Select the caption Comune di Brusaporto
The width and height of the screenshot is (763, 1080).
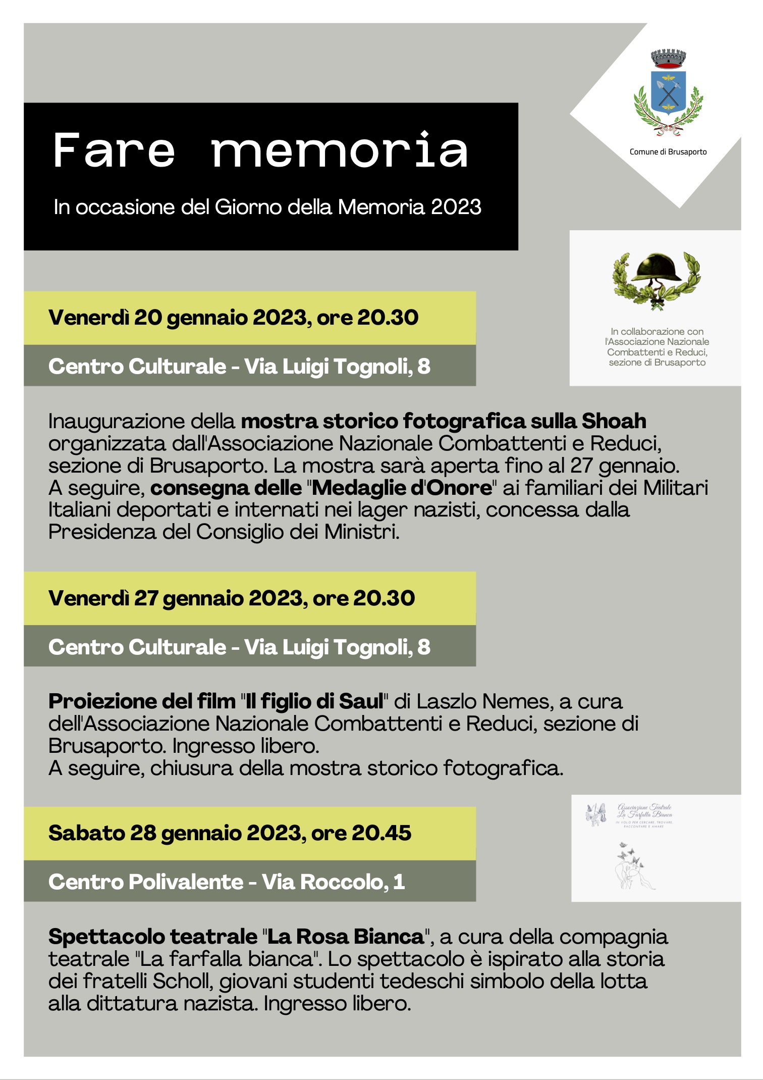tap(668, 152)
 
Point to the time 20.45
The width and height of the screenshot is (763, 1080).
tap(381, 833)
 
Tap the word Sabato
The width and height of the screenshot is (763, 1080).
tap(86, 833)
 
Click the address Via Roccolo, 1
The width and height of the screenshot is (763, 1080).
tap(333, 882)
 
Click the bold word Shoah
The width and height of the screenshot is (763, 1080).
tap(614, 421)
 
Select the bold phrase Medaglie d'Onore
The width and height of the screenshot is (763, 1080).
tap(402, 488)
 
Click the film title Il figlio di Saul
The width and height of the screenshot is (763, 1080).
tap(314, 701)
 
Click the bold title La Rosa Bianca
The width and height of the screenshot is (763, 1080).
tap(345, 937)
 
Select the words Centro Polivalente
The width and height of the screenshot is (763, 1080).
tap(146, 882)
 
